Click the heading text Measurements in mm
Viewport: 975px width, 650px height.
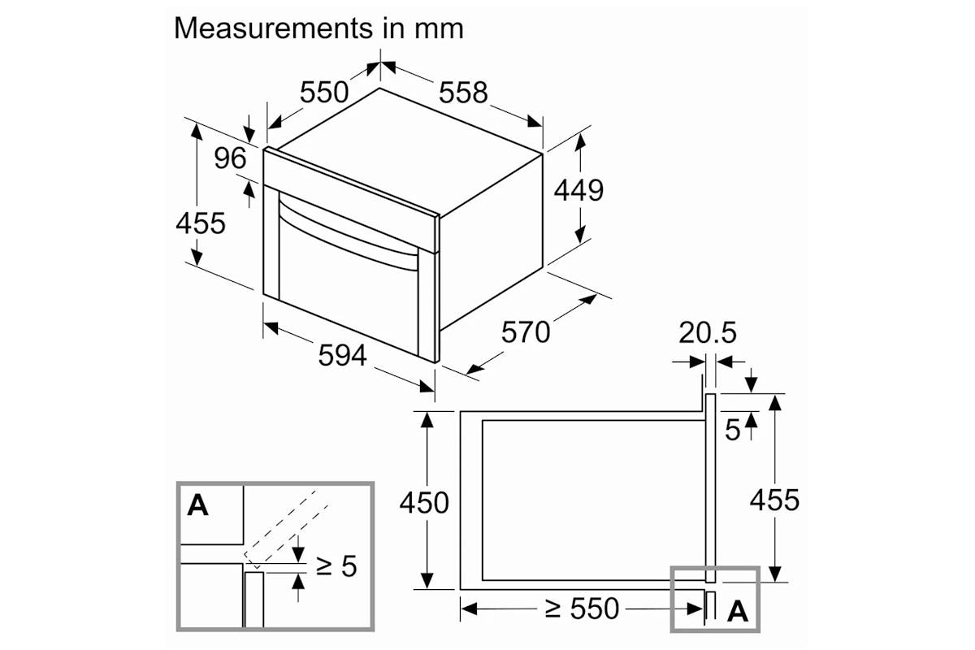[x=318, y=28]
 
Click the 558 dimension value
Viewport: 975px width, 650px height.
[x=463, y=93]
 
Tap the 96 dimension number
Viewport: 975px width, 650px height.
[x=230, y=158]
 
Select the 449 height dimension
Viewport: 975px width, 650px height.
[x=578, y=190]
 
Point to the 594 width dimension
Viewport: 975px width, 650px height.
[x=343, y=355]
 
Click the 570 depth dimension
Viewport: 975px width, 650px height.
[x=526, y=332]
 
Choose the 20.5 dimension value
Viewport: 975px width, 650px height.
[x=708, y=332]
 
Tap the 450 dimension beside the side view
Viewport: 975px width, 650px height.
[x=424, y=503]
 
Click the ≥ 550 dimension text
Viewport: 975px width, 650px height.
[x=582, y=609]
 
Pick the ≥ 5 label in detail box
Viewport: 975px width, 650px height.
[x=336, y=566]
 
